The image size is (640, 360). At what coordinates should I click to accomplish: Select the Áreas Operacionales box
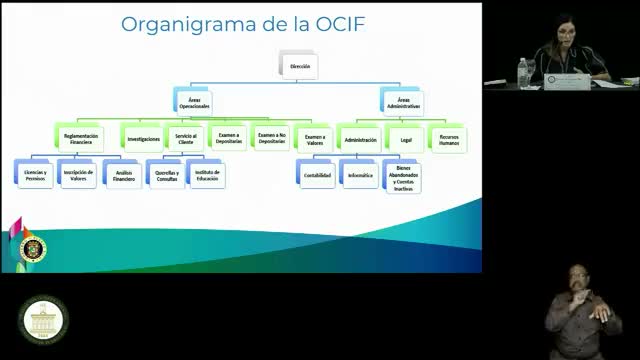194,102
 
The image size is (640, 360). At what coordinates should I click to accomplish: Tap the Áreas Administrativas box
402,102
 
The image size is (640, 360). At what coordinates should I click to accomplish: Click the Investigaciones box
144,138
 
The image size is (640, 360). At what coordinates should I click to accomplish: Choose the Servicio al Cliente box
185,139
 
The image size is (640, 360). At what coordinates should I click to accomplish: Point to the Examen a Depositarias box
229,139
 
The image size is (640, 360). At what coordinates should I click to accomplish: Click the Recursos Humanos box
449,139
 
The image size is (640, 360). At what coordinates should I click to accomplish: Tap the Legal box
405,139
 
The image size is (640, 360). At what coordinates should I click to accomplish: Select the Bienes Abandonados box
402,177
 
